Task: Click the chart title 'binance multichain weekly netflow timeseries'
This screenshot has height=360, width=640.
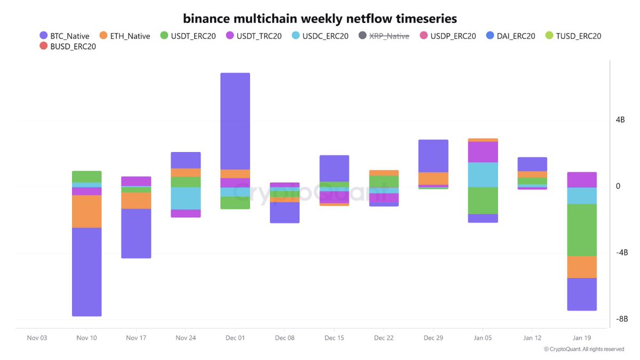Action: coord(320,19)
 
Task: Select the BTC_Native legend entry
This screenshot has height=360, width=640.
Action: coord(65,36)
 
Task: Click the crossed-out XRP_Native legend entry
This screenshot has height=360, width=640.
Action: coord(384,36)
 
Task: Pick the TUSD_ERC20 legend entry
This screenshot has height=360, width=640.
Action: coord(573,36)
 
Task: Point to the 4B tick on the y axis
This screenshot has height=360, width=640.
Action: coord(620,120)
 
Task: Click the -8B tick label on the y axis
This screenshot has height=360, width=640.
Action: coord(621,319)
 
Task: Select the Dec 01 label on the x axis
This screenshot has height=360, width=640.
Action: coord(235,338)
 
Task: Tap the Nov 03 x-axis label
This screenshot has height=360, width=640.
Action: coord(37,338)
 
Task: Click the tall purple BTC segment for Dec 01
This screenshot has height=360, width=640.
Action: coord(235,121)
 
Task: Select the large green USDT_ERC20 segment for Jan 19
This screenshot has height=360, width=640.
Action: coord(582,230)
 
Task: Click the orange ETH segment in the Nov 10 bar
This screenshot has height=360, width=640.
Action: coord(86,211)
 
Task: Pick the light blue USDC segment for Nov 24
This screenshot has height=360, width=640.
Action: coord(186,198)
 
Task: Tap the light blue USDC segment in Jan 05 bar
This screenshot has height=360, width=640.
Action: coord(483,175)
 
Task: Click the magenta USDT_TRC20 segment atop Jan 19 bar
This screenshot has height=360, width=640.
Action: coord(582,180)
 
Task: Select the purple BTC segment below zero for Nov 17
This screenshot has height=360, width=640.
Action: coord(136,233)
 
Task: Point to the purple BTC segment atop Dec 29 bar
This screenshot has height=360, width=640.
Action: coord(433,156)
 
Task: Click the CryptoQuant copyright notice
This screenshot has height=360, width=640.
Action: coord(583,349)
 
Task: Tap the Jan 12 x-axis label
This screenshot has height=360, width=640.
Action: coord(532,338)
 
